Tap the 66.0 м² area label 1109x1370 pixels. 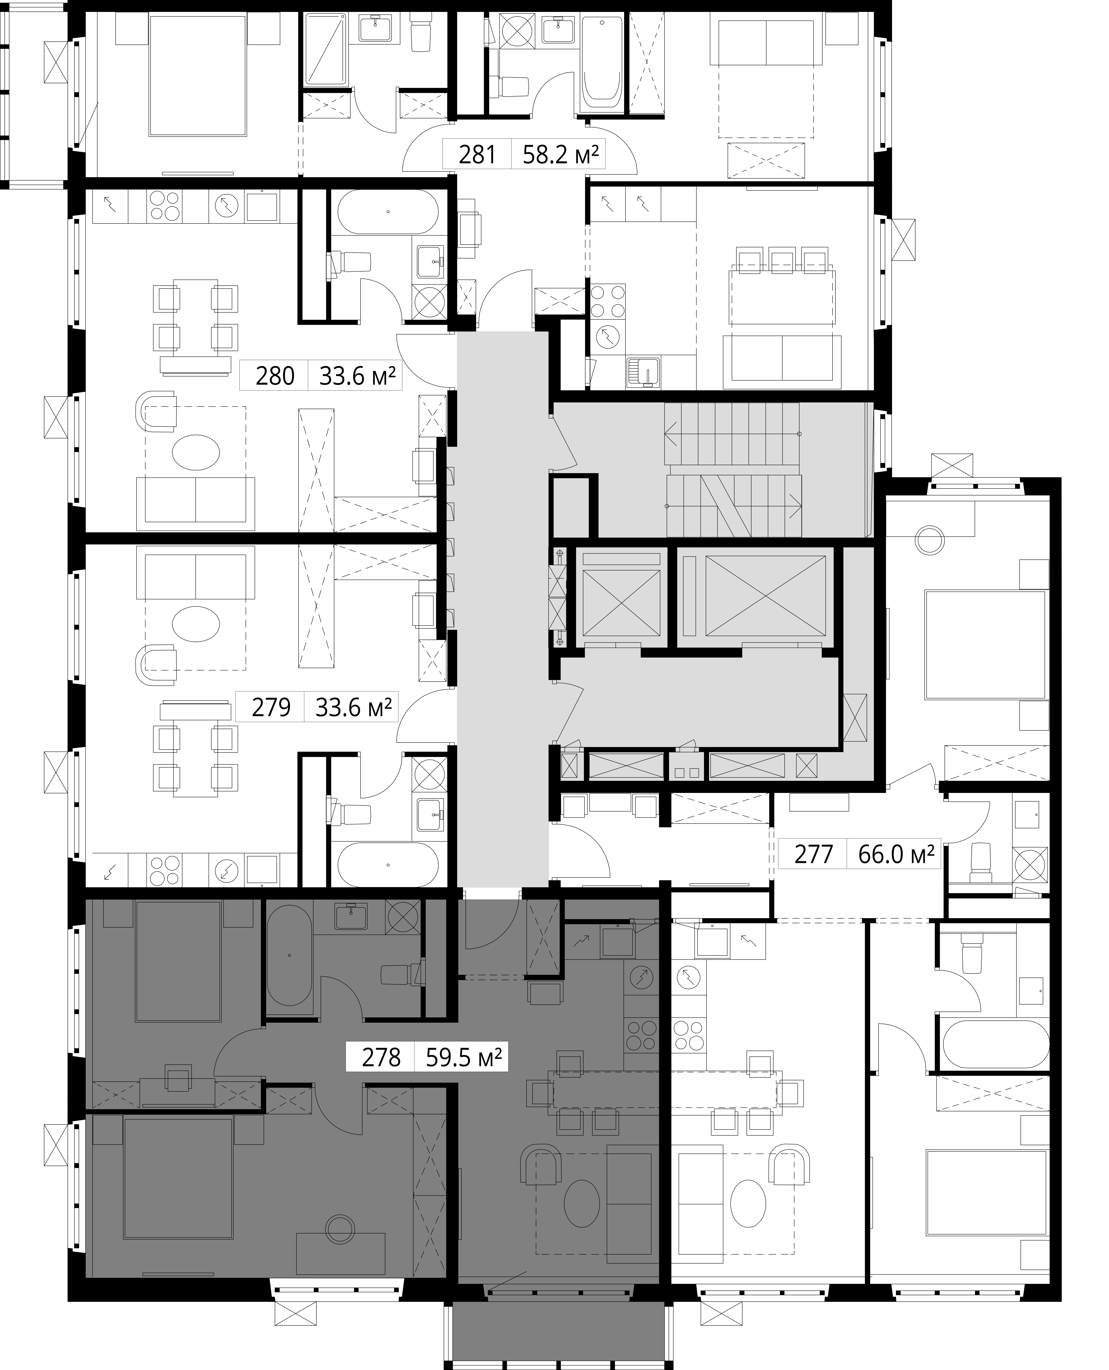pyautogui.click(x=896, y=854)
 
